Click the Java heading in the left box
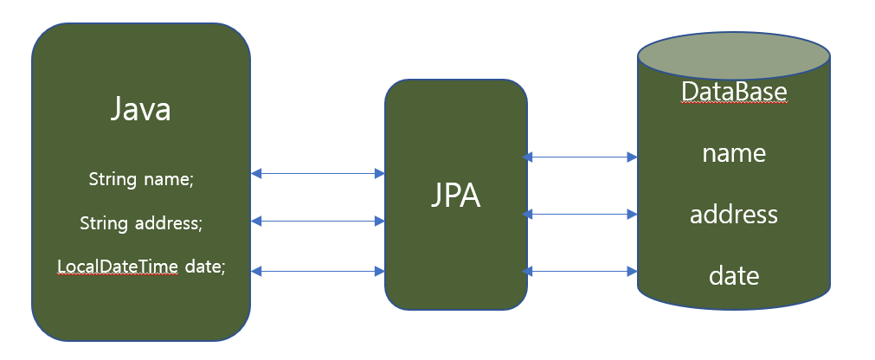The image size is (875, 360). [140, 110]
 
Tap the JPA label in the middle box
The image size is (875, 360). [455, 196]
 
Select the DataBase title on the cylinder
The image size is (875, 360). [734, 91]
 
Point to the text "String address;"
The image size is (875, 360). [141, 223]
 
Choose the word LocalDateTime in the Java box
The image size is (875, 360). [118, 267]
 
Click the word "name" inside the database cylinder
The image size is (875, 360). [734, 153]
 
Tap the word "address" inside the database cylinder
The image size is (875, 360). [734, 214]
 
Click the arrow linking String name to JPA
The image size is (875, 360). [318, 174]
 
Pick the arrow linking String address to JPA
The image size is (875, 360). [318, 222]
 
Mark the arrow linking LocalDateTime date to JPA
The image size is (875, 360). [318, 271]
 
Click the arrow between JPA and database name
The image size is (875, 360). [581, 157]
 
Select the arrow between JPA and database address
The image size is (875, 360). [581, 213]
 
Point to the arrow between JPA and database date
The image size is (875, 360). [581, 272]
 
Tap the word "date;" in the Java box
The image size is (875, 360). [204, 267]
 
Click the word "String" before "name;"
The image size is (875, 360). [113, 179]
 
